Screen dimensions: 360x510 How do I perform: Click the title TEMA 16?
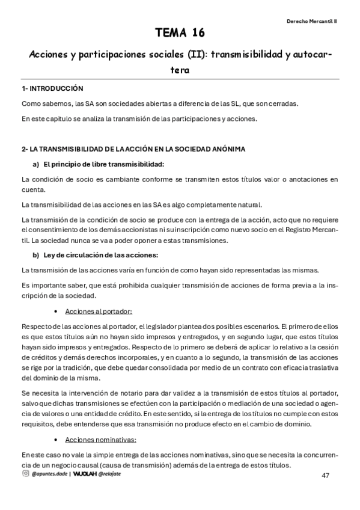[180, 33]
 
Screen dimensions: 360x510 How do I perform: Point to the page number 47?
[326, 476]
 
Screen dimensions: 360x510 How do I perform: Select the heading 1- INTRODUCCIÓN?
[52, 88]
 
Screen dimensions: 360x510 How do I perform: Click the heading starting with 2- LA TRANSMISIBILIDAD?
[133, 149]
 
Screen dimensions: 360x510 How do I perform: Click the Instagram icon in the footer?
[25, 475]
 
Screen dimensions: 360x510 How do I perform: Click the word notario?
[128, 392]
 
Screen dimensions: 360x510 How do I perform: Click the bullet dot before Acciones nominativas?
[56, 440]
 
